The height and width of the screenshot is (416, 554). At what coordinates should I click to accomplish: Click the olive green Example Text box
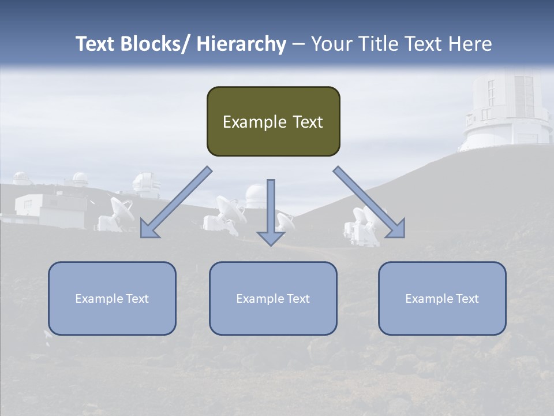pos(273,121)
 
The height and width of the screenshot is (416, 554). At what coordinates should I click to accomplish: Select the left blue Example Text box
pos(112,298)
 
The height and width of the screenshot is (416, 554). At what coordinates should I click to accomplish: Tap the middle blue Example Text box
pos(273,298)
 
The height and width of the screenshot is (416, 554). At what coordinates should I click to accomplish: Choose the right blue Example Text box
pos(442,298)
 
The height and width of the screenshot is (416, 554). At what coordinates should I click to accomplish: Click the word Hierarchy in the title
pos(241,44)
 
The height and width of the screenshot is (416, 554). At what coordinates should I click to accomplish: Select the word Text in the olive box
pos(306,122)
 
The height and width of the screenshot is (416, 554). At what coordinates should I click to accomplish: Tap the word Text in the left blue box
pos(137,298)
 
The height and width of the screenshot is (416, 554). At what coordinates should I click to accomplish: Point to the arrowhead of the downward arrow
pos(271,237)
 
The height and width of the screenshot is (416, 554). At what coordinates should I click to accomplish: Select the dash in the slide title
pos(298,44)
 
